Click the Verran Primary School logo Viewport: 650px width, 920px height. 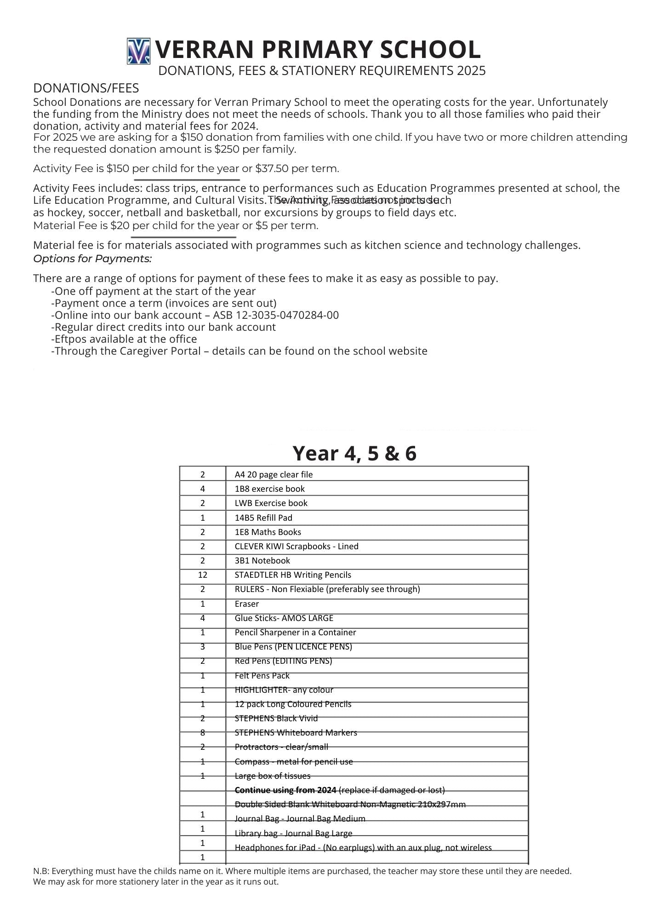pos(138,51)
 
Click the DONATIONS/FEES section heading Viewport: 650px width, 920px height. pos(86,88)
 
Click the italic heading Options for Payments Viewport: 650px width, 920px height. pos(92,259)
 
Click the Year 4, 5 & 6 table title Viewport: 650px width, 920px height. pos(354,453)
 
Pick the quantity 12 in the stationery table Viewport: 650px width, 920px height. pos(202,575)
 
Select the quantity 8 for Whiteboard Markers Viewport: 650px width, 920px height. pos(202,732)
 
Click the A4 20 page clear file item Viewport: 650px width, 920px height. pos(274,474)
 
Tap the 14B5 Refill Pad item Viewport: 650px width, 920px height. pos(263,517)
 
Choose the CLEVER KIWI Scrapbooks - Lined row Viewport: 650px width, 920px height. pos(296,546)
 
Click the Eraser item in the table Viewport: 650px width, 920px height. pos(247,604)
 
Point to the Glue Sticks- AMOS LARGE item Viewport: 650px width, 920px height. pos(284,618)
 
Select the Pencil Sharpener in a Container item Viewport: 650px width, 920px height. pos(295,632)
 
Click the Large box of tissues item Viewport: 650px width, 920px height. pos(273,776)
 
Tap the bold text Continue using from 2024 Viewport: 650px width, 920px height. pos(285,790)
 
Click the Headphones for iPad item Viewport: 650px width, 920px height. pos(363,847)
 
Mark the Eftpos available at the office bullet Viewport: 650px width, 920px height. pos(125,339)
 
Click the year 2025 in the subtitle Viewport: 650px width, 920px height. pos(471,70)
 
